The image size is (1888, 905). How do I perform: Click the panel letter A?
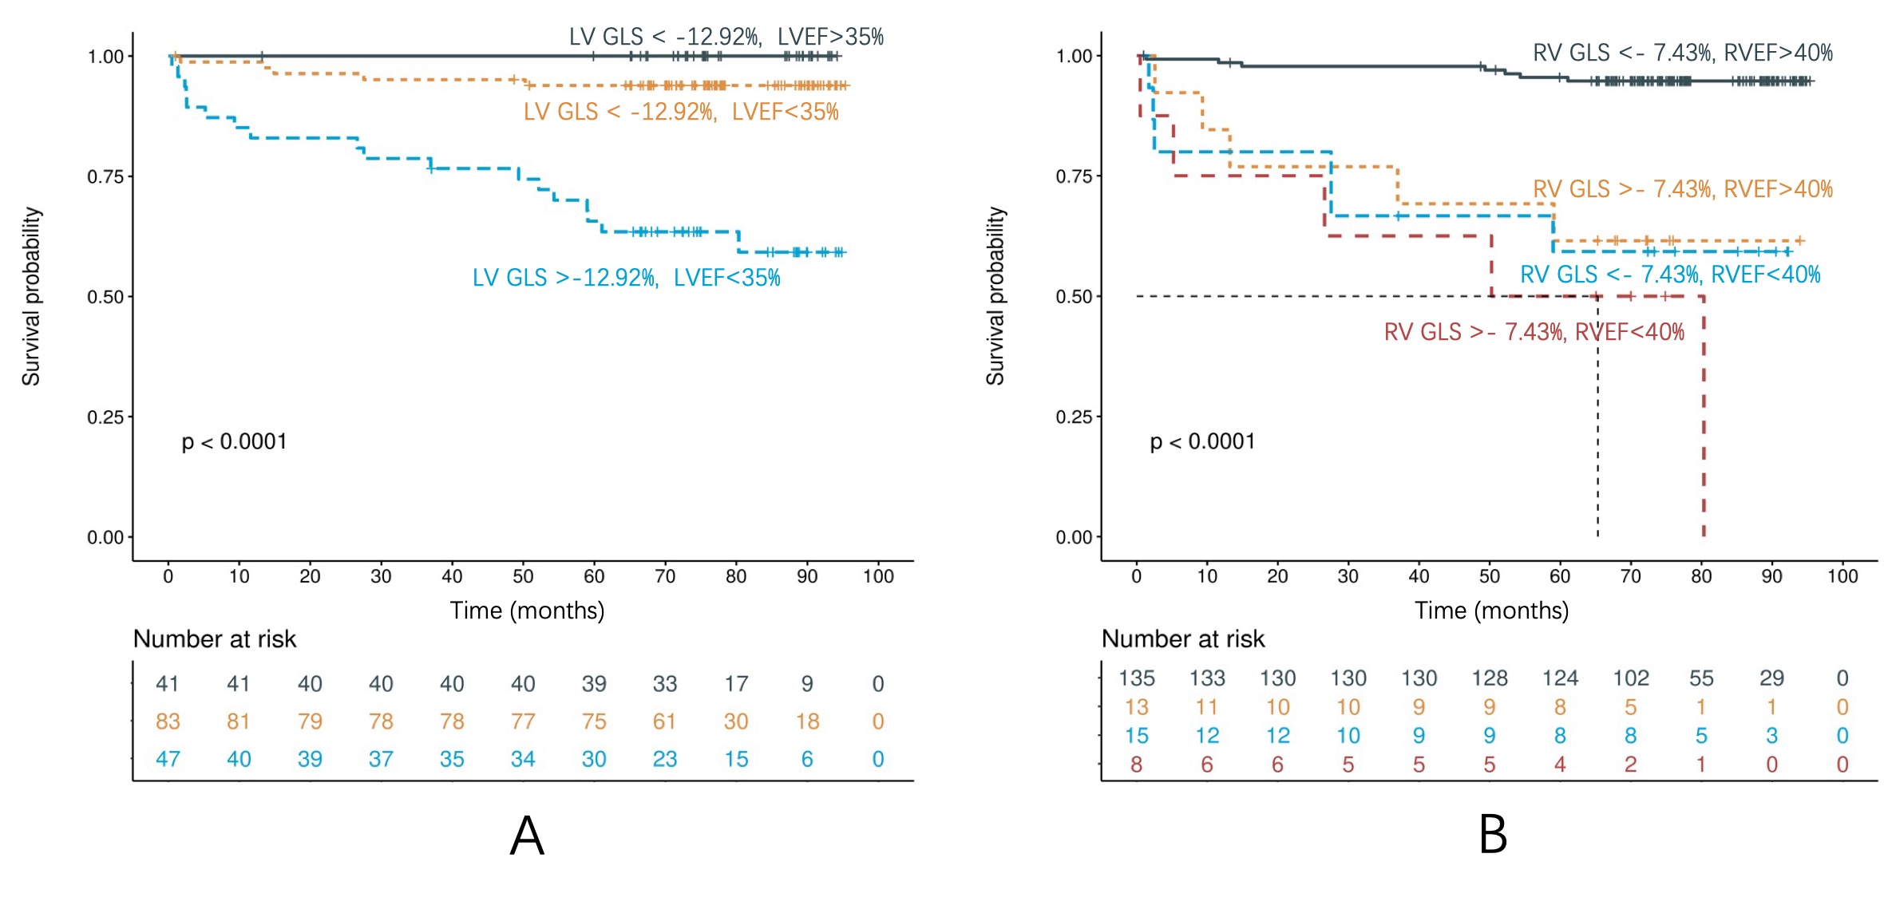pos(527,836)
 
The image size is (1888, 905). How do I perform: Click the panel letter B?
pos(1493,835)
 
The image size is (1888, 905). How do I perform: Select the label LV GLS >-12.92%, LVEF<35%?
pos(626,278)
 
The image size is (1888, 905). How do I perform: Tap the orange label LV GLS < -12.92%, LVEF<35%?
pos(681,112)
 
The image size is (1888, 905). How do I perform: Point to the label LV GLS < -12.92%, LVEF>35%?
pos(726,37)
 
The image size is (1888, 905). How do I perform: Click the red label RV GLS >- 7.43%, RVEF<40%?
pos(1534,332)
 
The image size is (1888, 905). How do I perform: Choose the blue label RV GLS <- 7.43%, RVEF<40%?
pos(1669,275)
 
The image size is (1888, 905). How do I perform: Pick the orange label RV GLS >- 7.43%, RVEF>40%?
pos(1682,189)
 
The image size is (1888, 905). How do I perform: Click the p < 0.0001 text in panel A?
pos(234,441)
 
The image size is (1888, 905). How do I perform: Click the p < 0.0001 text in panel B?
pos(1202,441)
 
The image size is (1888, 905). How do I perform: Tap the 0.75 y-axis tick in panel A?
pos(105,176)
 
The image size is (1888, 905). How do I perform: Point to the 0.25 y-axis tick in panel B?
pos(1074,417)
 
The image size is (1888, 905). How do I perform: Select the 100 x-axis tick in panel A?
pos(878,576)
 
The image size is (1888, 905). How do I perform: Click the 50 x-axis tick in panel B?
pos(1489,576)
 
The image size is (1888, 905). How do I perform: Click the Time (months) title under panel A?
pos(527,611)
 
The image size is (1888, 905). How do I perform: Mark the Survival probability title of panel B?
pos(995,296)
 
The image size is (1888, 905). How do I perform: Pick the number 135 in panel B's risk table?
pos(1136,678)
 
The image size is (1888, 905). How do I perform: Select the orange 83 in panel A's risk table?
pos(168,721)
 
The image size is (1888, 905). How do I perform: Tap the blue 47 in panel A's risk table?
pos(168,759)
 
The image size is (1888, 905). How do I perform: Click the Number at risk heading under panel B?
pos(1183,639)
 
